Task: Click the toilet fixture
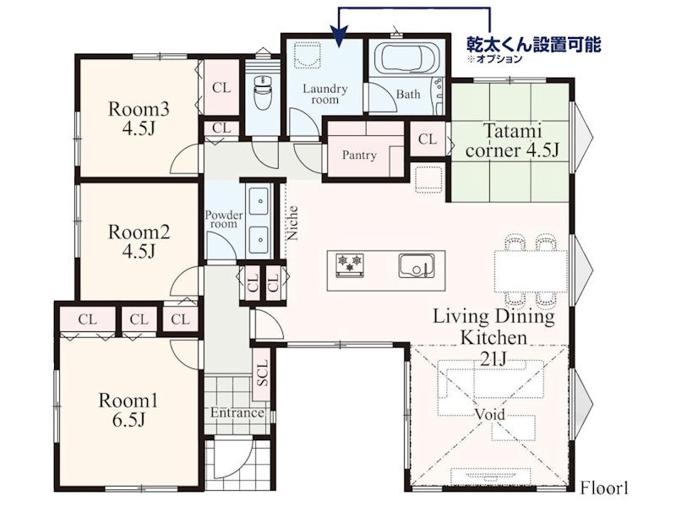point(262,92)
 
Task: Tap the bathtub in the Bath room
point(406,58)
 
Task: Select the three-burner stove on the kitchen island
point(350,264)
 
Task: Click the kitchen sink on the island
point(417,265)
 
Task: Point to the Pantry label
point(359,155)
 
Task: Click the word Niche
point(292,222)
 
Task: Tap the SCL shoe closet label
point(262,373)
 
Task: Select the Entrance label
point(237,413)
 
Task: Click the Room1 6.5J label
point(128,410)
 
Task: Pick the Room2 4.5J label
point(139,241)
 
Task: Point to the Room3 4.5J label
point(139,118)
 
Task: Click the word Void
point(490,414)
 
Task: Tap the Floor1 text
point(604,488)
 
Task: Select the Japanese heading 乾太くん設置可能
point(534,45)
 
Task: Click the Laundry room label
point(325,94)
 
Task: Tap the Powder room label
point(224,219)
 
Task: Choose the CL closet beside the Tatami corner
point(427,139)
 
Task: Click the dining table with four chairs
point(530,271)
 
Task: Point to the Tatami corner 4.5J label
point(512,140)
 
